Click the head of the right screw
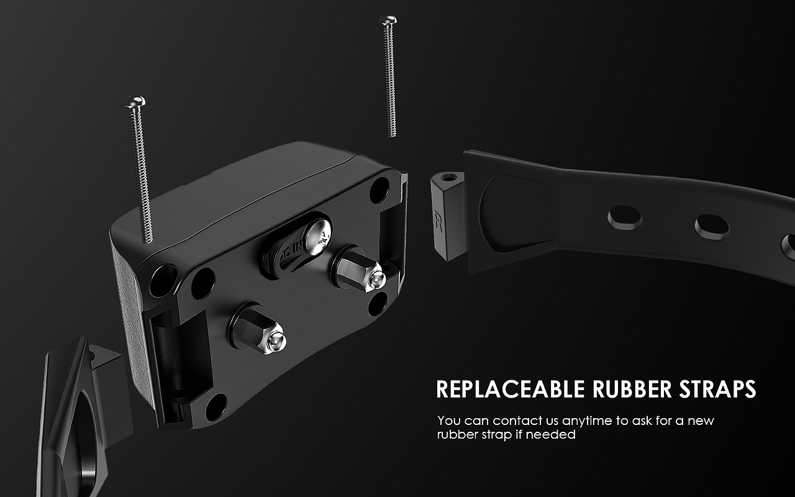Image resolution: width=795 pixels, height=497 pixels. click(x=388, y=20)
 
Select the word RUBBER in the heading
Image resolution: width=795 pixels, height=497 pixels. click(x=632, y=389)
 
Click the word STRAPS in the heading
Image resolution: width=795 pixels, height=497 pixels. click(x=717, y=389)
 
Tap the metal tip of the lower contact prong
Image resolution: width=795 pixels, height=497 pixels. click(x=275, y=342)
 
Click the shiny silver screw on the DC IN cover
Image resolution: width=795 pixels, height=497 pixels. click(x=319, y=237)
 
